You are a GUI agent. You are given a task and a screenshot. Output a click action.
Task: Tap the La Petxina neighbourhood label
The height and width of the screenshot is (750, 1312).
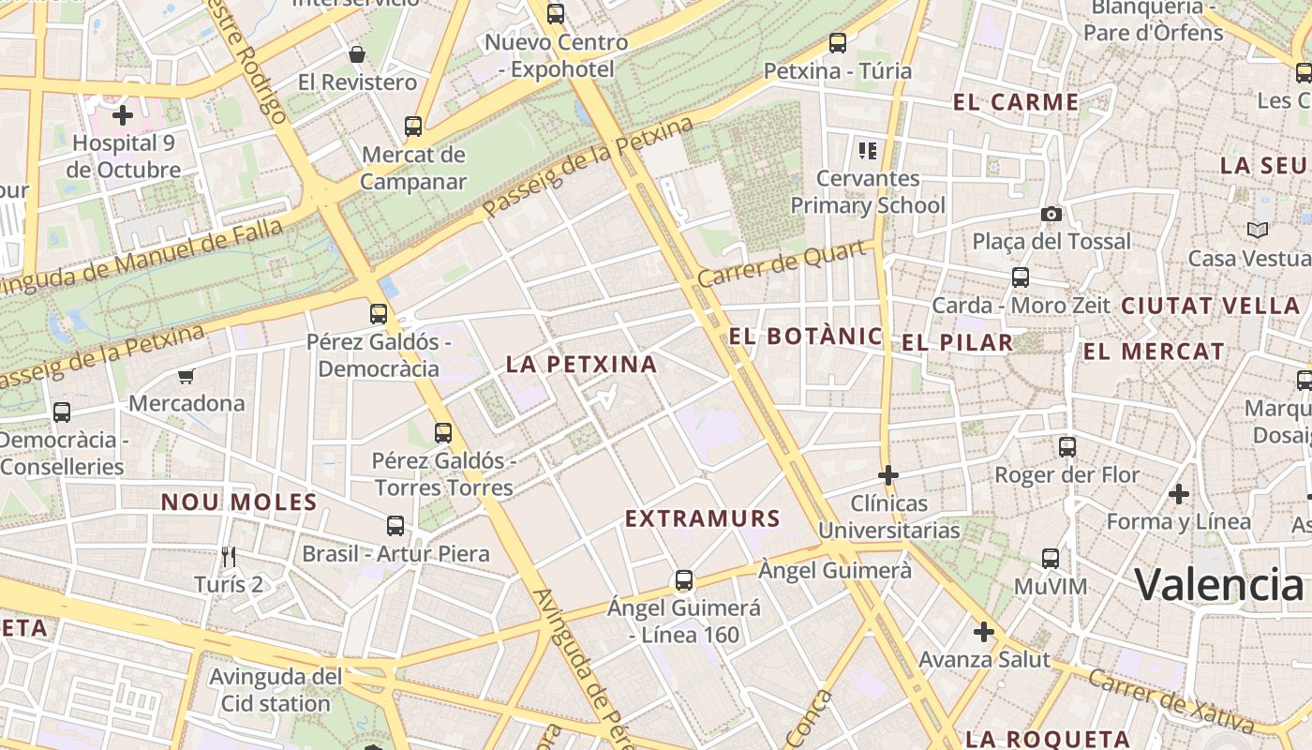(581, 364)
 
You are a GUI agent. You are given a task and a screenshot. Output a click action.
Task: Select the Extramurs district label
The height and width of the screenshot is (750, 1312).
(702, 518)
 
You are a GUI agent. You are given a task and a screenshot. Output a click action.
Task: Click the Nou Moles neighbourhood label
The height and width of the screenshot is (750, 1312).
(239, 502)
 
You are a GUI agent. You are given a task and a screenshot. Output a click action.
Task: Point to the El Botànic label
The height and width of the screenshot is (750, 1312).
(805, 337)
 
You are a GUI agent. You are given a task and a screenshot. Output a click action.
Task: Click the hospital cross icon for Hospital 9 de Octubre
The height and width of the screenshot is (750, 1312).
(122, 115)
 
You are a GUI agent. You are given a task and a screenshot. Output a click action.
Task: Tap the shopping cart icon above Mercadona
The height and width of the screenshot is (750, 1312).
(186, 376)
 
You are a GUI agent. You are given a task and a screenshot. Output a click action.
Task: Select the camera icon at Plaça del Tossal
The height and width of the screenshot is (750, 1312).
(1051, 214)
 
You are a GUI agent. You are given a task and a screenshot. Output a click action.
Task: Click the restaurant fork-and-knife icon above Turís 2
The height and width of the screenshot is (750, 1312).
(228, 557)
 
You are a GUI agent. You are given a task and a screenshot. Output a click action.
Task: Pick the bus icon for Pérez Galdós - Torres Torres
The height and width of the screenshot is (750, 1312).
(443, 432)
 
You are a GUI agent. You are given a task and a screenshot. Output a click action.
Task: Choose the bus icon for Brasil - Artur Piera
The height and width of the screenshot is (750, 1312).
(395, 525)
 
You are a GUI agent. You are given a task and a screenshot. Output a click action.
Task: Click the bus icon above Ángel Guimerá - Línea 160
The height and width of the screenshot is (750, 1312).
(684, 579)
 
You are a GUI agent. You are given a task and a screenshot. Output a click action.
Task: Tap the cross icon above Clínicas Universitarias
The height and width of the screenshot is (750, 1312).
(888, 475)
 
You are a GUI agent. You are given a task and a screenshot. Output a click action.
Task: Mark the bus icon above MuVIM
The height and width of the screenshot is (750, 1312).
(1051, 559)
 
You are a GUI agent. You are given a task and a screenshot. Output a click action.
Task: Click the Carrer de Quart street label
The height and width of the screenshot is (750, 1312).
(781, 265)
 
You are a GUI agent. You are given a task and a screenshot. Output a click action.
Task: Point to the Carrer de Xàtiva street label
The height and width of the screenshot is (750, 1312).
(1171, 701)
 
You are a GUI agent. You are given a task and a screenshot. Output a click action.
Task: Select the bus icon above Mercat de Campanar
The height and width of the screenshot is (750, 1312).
(413, 126)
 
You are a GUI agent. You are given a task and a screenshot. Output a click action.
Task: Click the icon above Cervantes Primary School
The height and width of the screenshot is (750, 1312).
(867, 150)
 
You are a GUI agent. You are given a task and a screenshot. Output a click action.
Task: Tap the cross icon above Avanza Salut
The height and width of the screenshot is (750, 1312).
(983, 632)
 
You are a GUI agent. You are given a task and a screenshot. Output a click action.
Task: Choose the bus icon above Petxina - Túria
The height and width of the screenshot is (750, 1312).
(838, 42)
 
